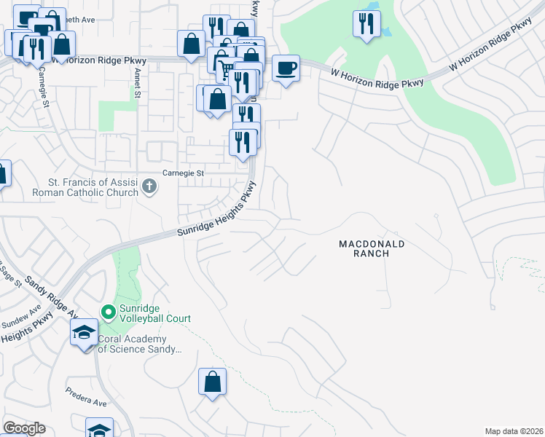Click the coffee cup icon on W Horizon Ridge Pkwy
[x=286, y=68]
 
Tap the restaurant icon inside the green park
[x=366, y=23]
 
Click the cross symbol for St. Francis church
[x=149, y=187]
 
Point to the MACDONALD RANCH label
[x=371, y=248]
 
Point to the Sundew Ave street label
[x=21, y=319]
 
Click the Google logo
[x=25, y=428]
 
